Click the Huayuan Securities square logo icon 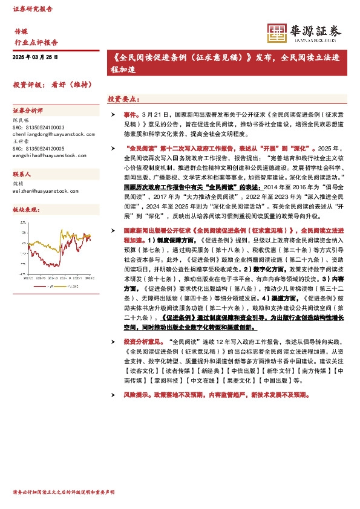[x=277, y=34]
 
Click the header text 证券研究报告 [x=33, y=10]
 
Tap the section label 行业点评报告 [x=36, y=42]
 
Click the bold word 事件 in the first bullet [x=130, y=114]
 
